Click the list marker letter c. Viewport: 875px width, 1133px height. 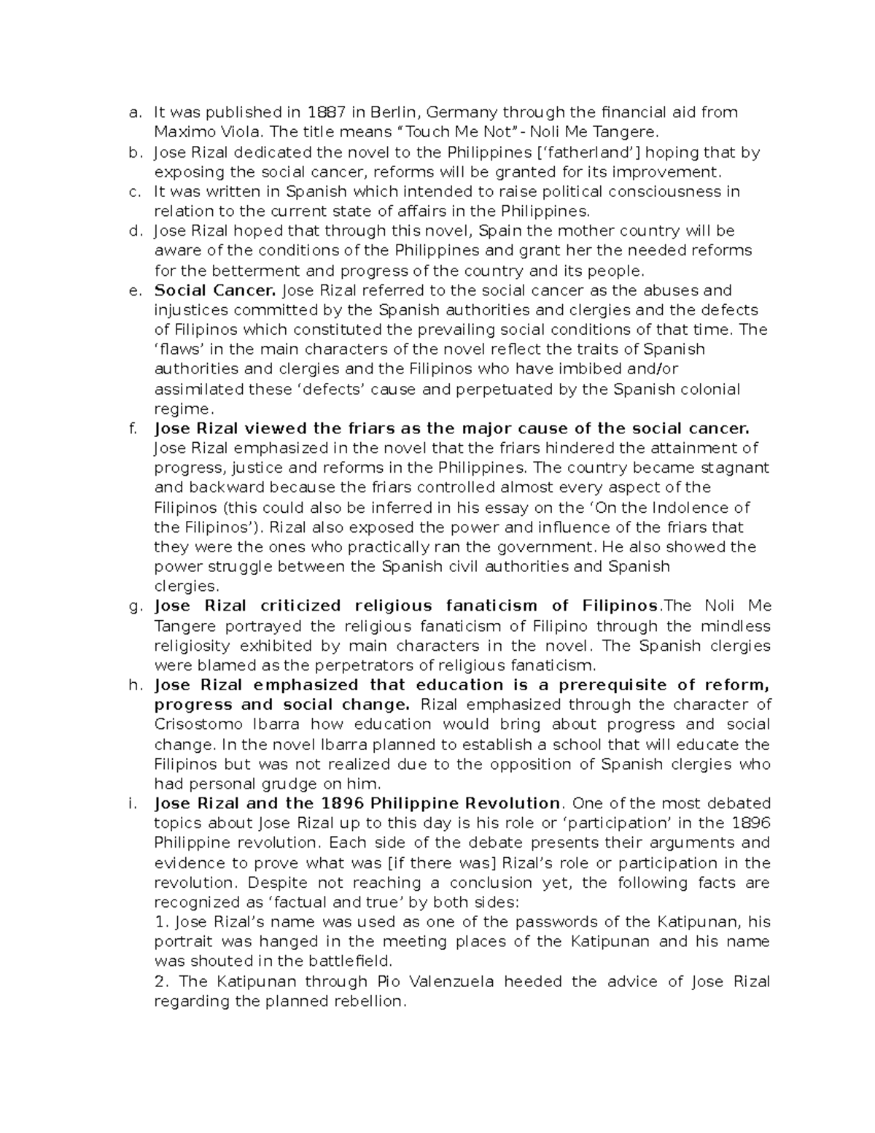tap(133, 192)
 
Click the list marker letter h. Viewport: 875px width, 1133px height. tap(133, 685)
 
